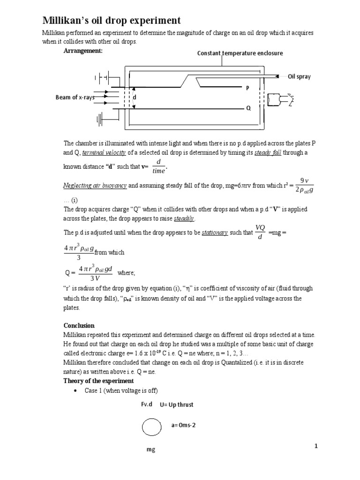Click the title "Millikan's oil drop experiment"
(111, 21)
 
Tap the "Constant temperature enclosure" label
(240, 53)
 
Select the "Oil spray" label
(299, 76)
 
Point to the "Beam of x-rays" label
(75, 97)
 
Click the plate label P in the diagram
(248, 88)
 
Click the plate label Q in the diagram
(248, 108)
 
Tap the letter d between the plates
(135, 97)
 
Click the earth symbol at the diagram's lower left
(100, 120)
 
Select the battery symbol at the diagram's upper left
(102, 77)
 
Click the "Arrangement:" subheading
(83, 51)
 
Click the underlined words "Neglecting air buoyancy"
(95, 186)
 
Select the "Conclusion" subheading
(79, 325)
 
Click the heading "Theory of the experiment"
(98, 381)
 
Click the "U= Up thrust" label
(176, 405)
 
